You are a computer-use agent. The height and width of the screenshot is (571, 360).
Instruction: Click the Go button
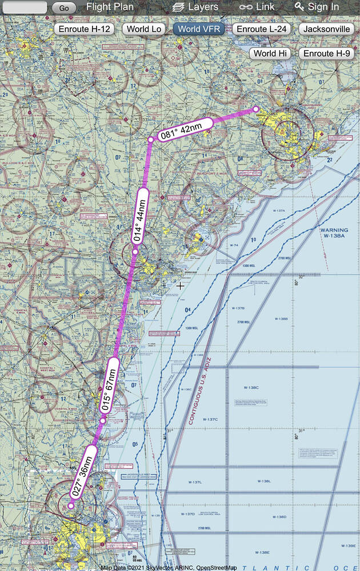click(64, 8)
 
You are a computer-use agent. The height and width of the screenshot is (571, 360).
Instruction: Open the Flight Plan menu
click(110, 7)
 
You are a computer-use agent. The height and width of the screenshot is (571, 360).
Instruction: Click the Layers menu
click(195, 7)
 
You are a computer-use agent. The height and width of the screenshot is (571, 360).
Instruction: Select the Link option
click(257, 7)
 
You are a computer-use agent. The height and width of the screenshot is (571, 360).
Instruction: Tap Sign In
click(317, 7)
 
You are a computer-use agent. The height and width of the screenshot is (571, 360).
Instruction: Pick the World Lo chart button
click(146, 29)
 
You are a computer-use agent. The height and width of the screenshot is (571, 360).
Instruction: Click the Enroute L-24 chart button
click(263, 29)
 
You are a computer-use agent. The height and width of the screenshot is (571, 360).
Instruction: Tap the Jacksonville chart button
click(327, 29)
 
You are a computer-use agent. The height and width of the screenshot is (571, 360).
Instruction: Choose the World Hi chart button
click(270, 53)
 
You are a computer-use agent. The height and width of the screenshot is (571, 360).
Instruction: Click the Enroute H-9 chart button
click(327, 53)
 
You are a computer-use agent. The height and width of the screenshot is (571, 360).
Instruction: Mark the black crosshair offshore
click(181, 285)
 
